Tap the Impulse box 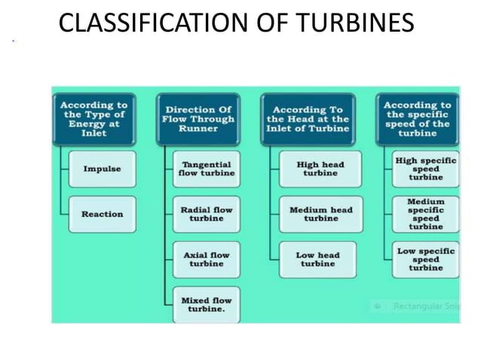(x=101, y=169)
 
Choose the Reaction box (x=102, y=214)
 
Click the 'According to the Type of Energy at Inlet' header (x=93, y=118)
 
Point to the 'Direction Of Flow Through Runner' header (x=199, y=118)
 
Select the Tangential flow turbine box (x=206, y=169)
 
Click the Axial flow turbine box (x=206, y=259)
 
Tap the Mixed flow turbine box (x=206, y=304)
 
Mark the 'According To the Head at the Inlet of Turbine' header (x=307, y=118)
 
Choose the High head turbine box (x=320, y=169)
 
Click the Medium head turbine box (x=320, y=214)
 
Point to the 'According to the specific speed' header (x=417, y=118)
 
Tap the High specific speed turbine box (x=425, y=169)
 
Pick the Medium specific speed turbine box (x=425, y=214)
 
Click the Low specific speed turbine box (x=425, y=259)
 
